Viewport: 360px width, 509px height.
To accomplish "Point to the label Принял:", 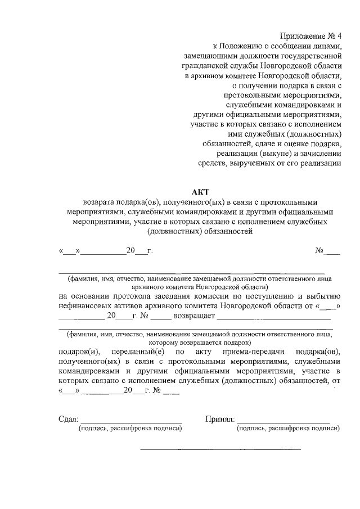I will [219, 419].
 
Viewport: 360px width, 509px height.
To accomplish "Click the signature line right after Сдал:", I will [132, 421].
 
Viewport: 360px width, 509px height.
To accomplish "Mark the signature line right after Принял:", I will [283, 421].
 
